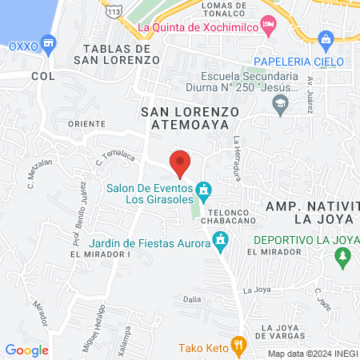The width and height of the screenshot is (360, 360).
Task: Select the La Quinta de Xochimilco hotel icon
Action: point(270,26)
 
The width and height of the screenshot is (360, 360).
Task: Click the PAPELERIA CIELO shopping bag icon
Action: point(325,38)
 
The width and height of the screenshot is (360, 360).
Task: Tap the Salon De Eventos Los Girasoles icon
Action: point(204,190)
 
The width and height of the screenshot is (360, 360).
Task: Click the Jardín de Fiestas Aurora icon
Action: point(221,240)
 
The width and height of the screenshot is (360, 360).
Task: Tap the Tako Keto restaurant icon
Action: point(238,345)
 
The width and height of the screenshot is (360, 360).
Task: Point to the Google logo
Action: point(26,350)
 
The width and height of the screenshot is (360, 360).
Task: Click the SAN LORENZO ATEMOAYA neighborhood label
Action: point(185,118)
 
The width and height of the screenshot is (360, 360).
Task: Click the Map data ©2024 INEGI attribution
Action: point(312,354)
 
